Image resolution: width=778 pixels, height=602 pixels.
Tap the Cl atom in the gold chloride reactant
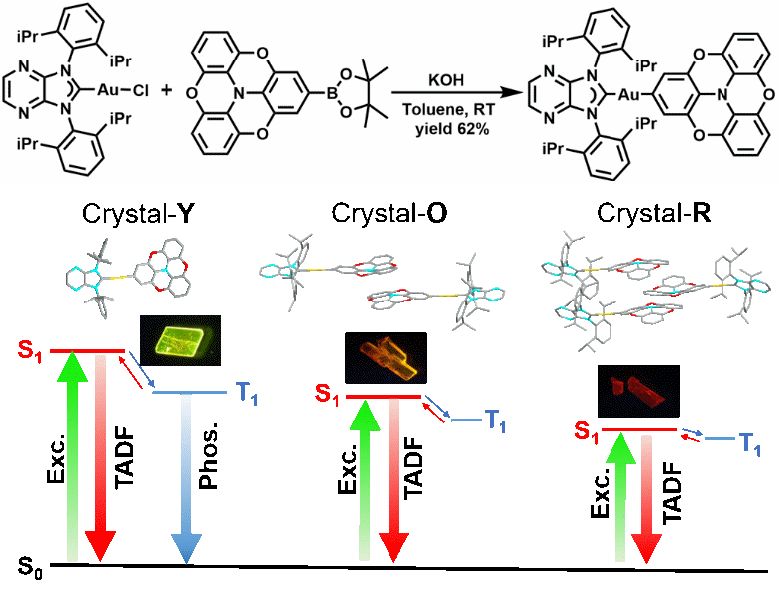(140, 90)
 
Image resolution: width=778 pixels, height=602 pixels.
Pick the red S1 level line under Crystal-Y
(87, 350)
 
